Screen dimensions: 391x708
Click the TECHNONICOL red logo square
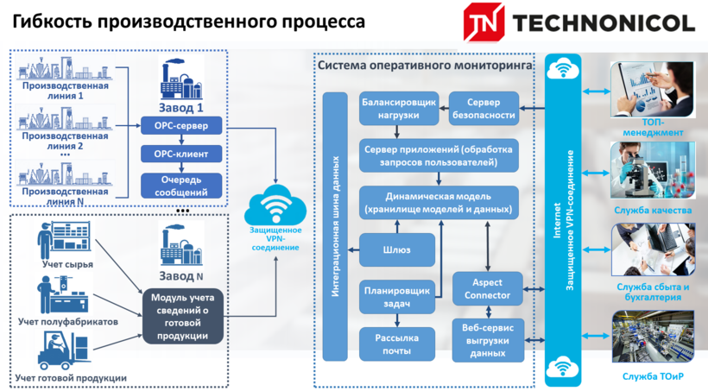click(486, 22)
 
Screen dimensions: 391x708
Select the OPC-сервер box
click(181, 127)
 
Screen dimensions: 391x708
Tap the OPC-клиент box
click(181, 154)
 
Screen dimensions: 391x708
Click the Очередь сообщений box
click(181, 185)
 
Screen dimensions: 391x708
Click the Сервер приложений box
click(439, 155)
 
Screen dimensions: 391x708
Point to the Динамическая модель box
click(439, 203)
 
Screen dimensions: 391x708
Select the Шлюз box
click(397, 249)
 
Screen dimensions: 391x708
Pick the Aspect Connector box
click(489, 289)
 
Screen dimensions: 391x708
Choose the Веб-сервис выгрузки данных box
click(489, 339)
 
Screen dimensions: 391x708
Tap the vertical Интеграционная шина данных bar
click(336, 226)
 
